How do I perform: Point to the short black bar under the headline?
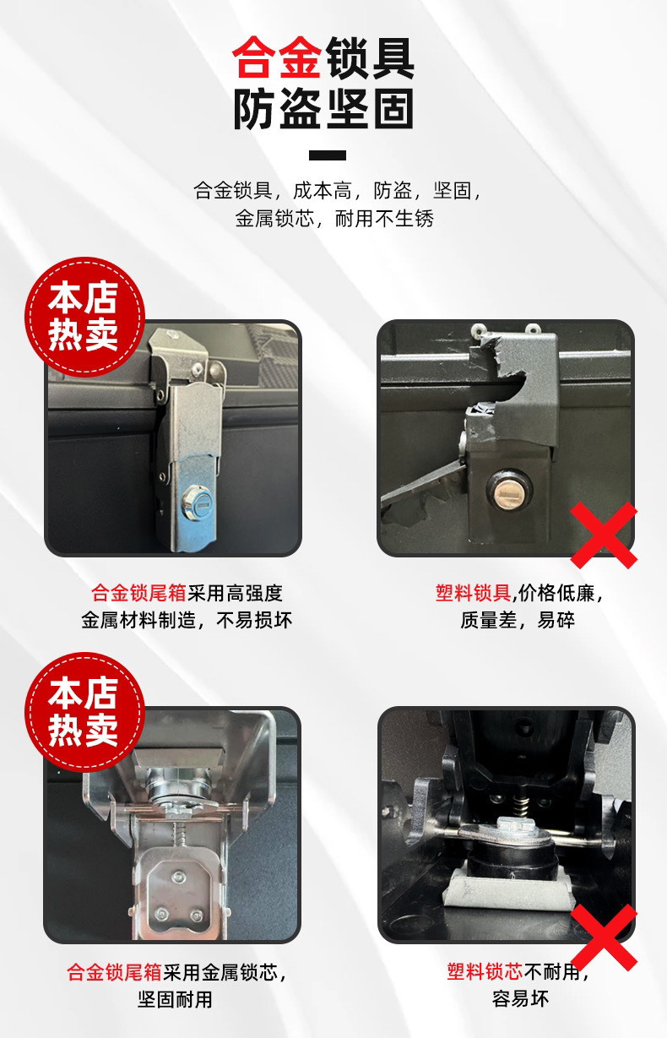(x=328, y=155)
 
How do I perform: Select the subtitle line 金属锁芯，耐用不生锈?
(x=333, y=219)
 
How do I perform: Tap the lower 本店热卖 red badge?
(x=84, y=711)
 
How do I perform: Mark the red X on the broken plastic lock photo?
(x=604, y=535)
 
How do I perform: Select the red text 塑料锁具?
(x=474, y=593)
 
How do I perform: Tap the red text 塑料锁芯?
(x=485, y=972)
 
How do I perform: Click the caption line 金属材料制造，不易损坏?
(x=187, y=620)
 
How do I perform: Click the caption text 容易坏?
(x=520, y=999)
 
